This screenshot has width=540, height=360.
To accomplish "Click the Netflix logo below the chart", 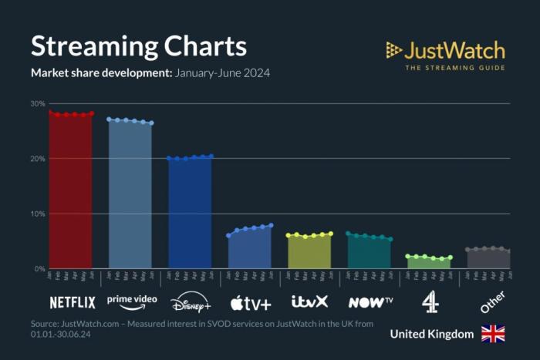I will tap(73, 302).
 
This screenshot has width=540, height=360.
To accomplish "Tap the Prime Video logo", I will tap(132, 301).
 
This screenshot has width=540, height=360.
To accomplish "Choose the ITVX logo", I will tap(310, 301).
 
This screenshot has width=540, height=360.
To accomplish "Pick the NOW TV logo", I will tap(370, 302).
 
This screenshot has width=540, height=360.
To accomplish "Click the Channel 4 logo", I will tap(430, 302).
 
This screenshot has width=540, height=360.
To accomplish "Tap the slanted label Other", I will tap(491, 301).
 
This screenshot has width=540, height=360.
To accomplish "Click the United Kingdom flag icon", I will tap(493, 334).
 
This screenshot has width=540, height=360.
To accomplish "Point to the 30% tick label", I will tap(38, 103).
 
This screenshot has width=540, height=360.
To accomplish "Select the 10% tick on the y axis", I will tap(38, 214).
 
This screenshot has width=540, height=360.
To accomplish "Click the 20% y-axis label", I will tap(38, 159).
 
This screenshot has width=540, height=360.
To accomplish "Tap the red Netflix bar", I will tap(71, 193).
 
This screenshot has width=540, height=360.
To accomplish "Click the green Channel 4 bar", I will tap(429, 263).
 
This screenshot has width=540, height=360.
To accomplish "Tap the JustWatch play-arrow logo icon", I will tap(394, 51).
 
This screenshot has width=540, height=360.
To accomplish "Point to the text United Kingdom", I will tap(431, 334).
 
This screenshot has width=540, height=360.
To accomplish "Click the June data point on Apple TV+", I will tap(272, 225).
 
